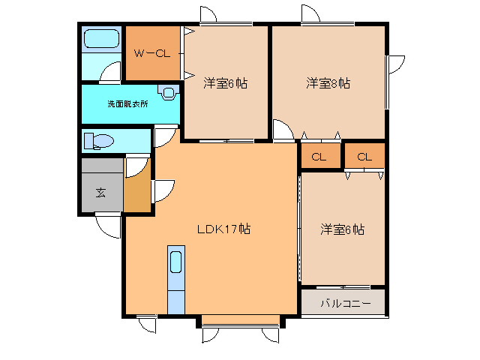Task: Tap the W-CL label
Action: click(x=152, y=53)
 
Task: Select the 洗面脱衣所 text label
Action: click(x=127, y=103)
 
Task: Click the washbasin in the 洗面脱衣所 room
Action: click(x=169, y=94)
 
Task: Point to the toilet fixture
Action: click(x=97, y=141)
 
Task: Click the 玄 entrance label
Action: click(x=100, y=193)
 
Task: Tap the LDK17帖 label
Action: click(x=223, y=229)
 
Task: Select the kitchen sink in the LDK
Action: click(x=175, y=262)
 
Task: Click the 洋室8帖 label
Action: click(x=328, y=82)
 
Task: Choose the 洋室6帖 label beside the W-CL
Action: click(x=225, y=82)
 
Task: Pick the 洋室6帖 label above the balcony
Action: click(x=342, y=229)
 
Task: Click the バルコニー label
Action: click(x=345, y=304)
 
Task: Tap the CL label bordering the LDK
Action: click(x=319, y=157)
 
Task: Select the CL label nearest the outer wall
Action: click(x=364, y=157)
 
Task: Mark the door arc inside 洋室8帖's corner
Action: click(x=283, y=130)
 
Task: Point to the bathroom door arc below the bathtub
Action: click(x=111, y=72)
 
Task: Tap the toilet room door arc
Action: click(x=163, y=138)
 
